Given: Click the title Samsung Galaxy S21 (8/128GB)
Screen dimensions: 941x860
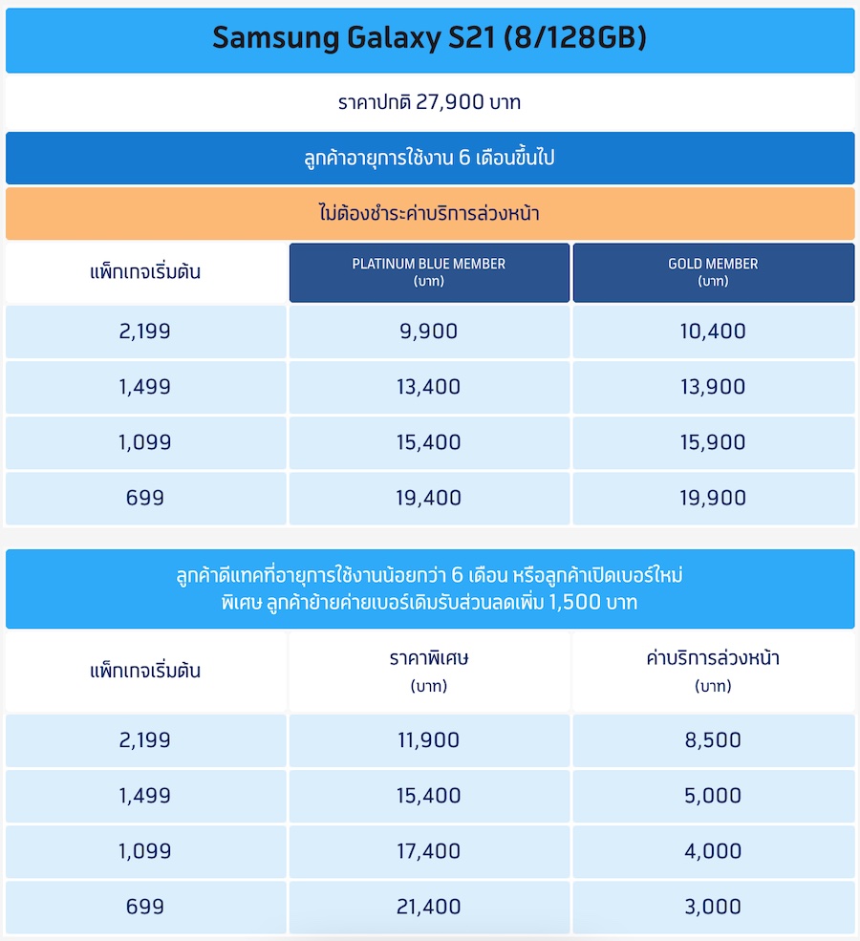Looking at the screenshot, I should click(429, 38).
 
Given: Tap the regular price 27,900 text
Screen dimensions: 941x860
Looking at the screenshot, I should click(429, 102).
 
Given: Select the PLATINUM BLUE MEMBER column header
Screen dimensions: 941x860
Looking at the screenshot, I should click(429, 271).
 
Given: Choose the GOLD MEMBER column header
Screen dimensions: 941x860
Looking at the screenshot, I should click(713, 271).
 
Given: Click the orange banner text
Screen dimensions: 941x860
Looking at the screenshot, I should click(429, 213).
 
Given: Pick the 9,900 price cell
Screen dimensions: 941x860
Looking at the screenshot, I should click(429, 331).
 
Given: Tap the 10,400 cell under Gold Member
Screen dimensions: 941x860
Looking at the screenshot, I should click(713, 331).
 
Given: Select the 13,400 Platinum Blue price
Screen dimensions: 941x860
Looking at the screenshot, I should click(429, 387).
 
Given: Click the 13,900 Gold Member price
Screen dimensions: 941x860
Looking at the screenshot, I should click(713, 387).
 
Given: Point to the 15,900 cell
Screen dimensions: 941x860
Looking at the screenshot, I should click(713, 442).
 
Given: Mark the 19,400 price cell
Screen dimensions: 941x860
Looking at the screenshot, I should click(429, 498).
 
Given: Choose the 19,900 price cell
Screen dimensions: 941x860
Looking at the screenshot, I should click(713, 498).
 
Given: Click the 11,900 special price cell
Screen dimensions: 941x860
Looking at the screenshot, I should click(429, 739).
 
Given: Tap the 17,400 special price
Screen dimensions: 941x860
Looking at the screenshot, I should click(429, 850).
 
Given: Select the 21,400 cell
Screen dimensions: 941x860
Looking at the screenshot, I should click(429, 906).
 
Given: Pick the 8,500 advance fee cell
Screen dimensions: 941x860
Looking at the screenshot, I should click(713, 739).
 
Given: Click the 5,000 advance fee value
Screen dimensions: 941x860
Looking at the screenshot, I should click(713, 795).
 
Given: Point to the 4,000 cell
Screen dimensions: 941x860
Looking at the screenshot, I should click(713, 850).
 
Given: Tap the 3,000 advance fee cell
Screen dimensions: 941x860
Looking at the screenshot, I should click(713, 906).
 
